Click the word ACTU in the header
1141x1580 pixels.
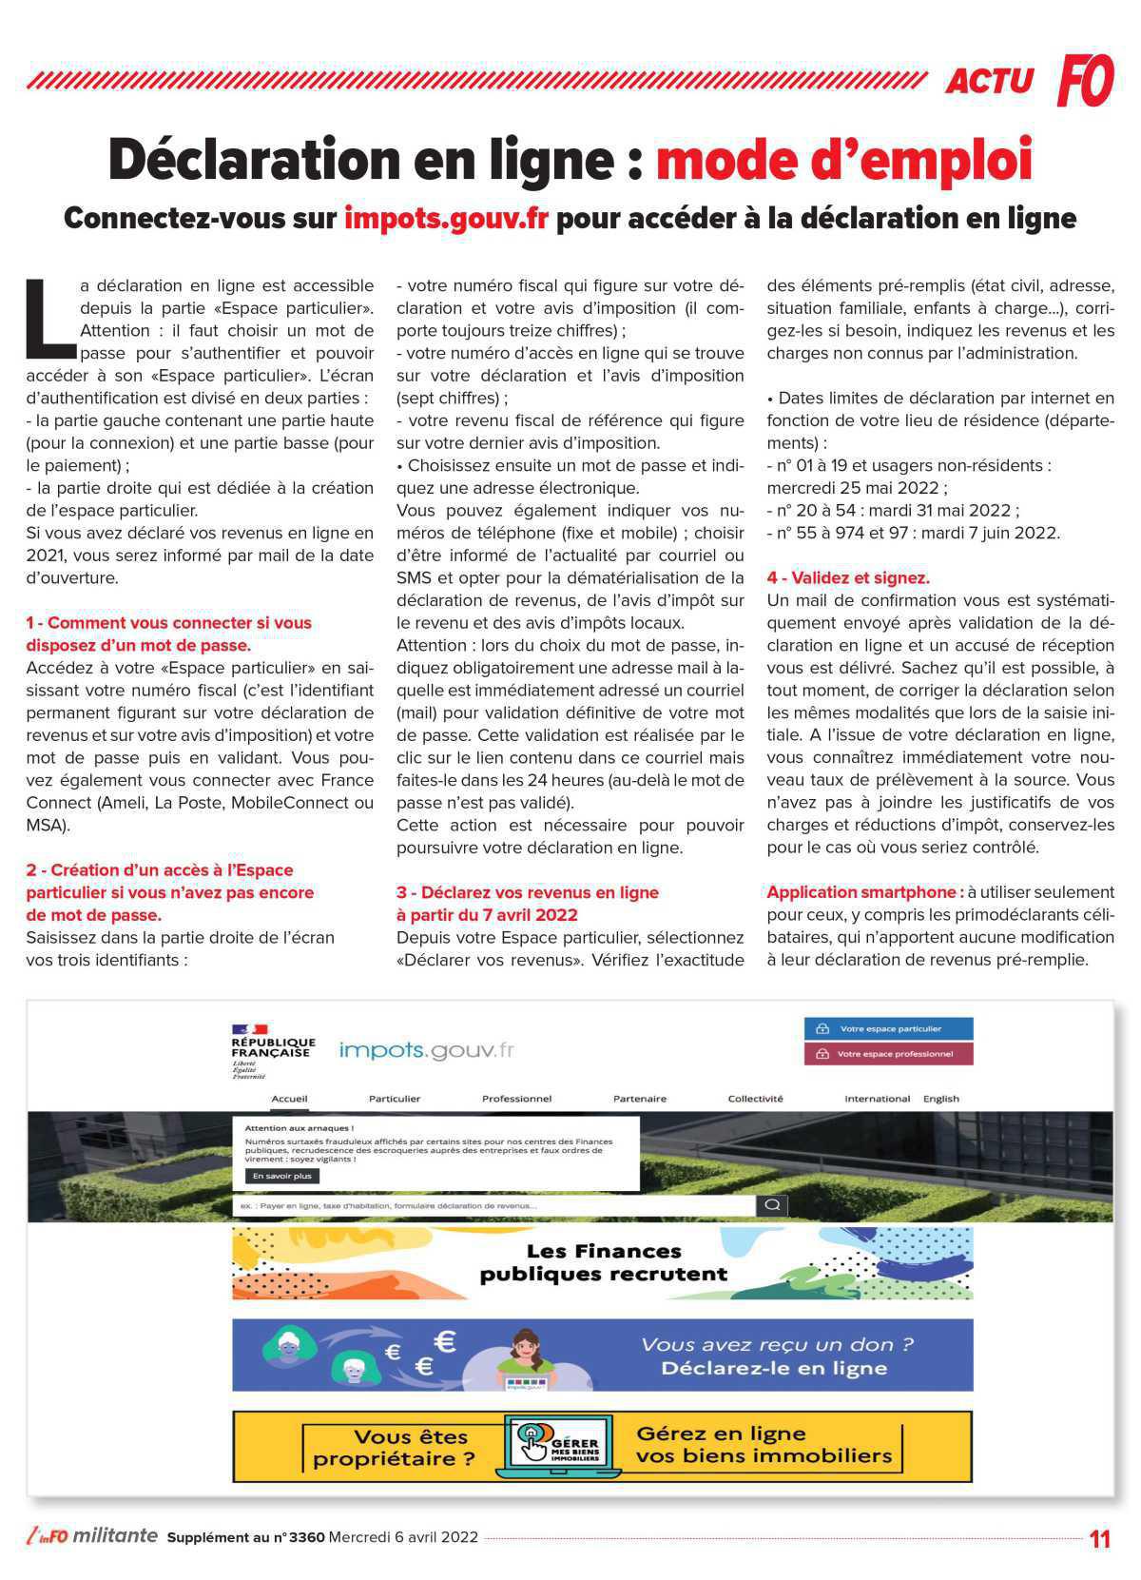point(989,82)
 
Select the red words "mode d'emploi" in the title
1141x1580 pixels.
point(843,160)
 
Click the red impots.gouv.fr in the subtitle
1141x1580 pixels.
point(446,218)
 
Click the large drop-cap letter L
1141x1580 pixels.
point(49,312)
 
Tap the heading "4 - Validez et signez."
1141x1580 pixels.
point(848,577)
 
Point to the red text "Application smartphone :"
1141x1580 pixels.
point(864,892)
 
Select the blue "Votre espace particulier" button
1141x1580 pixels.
point(888,1028)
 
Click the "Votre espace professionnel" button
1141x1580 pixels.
point(888,1054)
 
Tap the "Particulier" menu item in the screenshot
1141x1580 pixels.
point(395,1099)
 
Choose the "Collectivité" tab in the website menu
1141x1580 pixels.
point(755,1099)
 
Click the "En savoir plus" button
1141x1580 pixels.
point(281,1176)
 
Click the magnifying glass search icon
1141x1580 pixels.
point(772,1205)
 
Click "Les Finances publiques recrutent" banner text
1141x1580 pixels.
point(603,1262)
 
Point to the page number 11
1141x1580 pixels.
point(1099,1538)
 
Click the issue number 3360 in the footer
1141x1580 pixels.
point(306,1537)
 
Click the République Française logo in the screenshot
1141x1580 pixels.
point(273,1050)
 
